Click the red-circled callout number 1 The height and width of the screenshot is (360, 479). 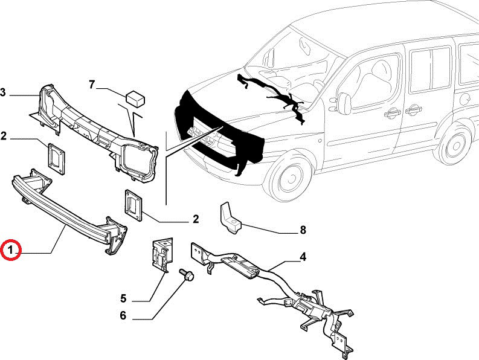coord(11,249)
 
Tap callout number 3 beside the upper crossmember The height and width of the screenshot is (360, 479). coord(3,92)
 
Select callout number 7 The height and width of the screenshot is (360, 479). coord(92,85)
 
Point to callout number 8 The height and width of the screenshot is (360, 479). coord(303,230)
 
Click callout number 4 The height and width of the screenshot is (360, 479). coord(303,257)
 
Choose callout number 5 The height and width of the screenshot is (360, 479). coord(123,298)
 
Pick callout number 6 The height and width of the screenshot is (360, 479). coord(123,315)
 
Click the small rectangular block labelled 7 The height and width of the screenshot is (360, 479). coord(135,98)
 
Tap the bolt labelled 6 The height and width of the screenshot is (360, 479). coord(187,274)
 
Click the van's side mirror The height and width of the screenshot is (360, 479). coord(344,103)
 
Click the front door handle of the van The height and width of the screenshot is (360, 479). coord(391,114)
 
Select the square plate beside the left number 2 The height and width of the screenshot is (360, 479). coord(56,159)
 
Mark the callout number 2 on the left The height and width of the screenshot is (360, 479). coord(4,137)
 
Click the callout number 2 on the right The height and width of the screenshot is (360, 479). coord(196,219)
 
